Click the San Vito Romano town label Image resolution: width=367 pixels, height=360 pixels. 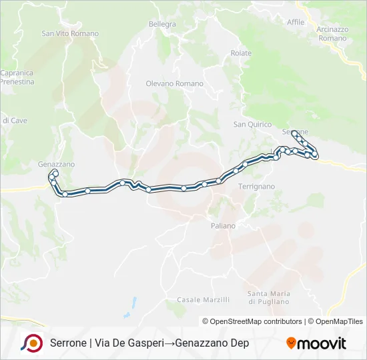[x=70, y=33]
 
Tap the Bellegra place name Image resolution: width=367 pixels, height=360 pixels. [x=162, y=25]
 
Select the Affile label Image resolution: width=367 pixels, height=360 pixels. [x=296, y=22]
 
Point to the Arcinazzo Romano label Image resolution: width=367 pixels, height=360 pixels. [x=332, y=34]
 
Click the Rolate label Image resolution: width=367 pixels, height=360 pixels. [x=241, y=53]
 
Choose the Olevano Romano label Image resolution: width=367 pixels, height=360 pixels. [x=174, y=83]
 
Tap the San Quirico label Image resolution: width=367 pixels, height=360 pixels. [x=252, y=124]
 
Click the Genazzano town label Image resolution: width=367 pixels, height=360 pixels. [x=56, y=164]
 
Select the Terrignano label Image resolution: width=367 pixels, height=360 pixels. [x=256, y=187]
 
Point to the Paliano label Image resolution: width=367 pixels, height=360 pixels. [x=224, y=226]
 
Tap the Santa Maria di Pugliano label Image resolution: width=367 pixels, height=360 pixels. [x=268, y=297]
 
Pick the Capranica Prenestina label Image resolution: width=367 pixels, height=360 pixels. [x=17, y=77]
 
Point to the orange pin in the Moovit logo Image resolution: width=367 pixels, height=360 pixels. [x=291, y=343]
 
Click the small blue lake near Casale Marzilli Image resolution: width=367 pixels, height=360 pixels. [x=133, y=304]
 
